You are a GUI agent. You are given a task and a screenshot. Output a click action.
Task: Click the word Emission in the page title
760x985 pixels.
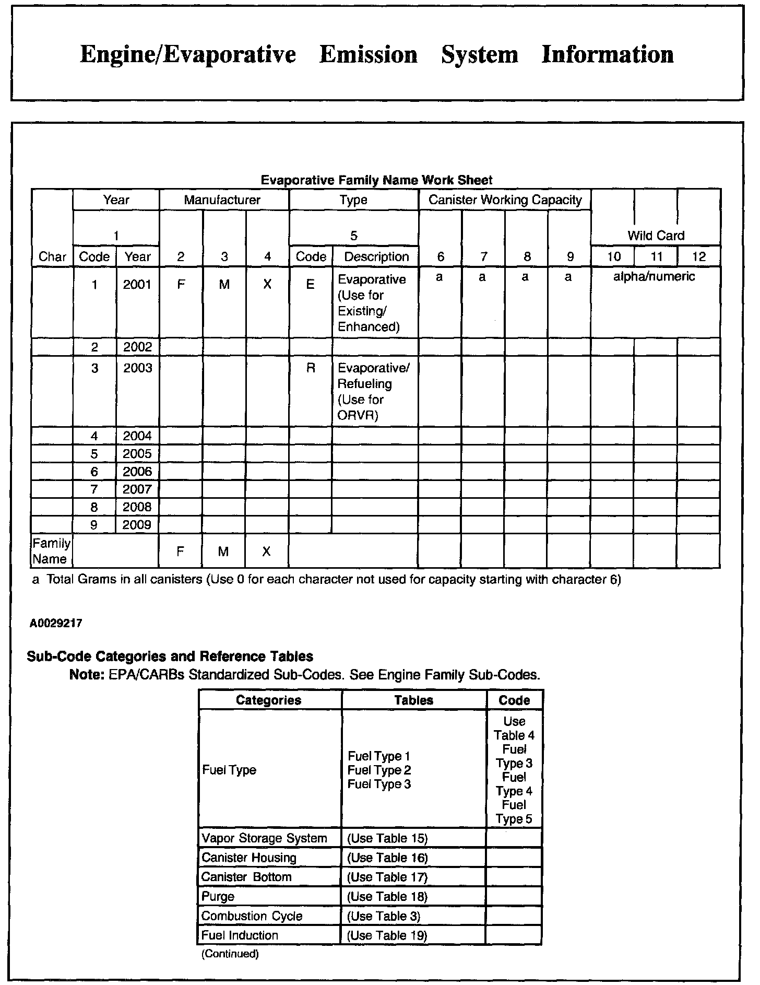368,55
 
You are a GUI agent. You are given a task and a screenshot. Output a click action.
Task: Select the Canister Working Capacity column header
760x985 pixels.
505,200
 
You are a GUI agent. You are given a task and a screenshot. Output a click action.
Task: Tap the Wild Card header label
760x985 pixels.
656,236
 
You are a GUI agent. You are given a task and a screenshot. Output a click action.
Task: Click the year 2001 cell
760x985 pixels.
137,285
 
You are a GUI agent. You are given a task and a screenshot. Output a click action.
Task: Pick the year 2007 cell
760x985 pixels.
137,489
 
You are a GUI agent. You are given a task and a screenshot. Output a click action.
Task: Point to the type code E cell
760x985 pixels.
311,285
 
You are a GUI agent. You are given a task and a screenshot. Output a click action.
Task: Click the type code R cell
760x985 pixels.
311,368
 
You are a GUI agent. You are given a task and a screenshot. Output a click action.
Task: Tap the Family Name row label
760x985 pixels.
51,551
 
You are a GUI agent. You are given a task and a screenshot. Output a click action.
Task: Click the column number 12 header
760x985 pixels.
698,256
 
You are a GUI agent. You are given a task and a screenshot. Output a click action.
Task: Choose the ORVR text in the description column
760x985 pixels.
358,416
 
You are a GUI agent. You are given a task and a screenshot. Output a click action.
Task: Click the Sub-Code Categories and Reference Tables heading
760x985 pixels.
170,656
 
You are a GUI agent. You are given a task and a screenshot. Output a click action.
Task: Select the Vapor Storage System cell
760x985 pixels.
264,838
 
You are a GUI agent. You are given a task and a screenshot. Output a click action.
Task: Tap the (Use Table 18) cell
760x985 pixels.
387,896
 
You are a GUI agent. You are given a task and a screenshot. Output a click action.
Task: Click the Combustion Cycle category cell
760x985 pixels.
252,916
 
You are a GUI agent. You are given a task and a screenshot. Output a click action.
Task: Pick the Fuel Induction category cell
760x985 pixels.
240,935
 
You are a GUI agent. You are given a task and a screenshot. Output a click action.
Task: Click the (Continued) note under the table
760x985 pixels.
230,954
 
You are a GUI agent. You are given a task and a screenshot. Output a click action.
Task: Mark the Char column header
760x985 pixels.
52,257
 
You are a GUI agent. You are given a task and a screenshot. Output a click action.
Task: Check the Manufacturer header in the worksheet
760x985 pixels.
222,200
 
